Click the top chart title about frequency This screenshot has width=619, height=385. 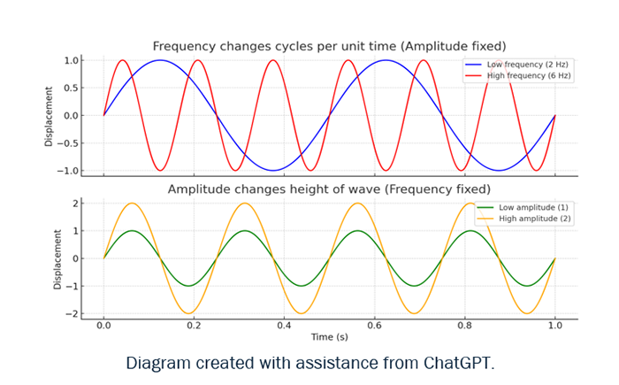pyautogui.click(x=329, y=46)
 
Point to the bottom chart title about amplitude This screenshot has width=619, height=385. pyautogui.click(x=329, y=189)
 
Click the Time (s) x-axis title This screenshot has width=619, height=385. pyautogui.click(x=329, y=337)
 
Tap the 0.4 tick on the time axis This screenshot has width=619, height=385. pyautogui.click(x=284, y=326)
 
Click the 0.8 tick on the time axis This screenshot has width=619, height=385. pyautogui.click(x=464, y=326)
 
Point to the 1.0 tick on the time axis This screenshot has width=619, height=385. pyautogui.click(x=554, y=326)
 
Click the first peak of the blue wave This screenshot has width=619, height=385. pyautogui.click(x=160, y=60)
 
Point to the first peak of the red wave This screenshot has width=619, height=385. pyautogui.click(x=123, y=60)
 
